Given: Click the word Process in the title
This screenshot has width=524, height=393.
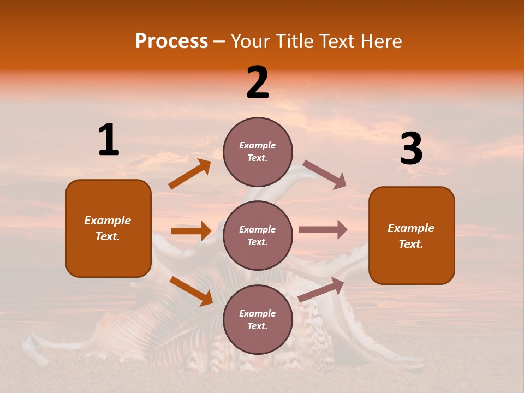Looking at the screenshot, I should (x=171, y=41).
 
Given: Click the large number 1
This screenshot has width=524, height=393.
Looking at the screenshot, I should (x=109, y=140).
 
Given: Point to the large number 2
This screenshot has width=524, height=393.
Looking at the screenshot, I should (x=258, y=82).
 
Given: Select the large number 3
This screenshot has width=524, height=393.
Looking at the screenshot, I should (x=411, y=149).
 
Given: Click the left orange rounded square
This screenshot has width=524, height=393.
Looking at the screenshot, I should (x=108, y=228).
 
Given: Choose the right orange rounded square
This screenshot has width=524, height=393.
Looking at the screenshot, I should (x=412, y=235).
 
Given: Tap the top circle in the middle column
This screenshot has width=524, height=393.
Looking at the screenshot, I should (x=258, y=152).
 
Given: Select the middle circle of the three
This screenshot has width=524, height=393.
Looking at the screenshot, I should (x=258, y=235).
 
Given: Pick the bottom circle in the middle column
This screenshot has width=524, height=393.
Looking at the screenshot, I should (x=258, y=319).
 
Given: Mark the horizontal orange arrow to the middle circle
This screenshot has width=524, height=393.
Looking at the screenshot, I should (x=191, y=231).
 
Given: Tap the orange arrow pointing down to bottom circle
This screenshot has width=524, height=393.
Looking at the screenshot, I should (x=191, y=291).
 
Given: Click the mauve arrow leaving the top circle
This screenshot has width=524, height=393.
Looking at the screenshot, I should (x=325, y=175).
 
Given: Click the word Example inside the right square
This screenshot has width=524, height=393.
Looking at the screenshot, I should (x=411, y=228).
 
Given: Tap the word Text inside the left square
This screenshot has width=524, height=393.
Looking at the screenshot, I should (x=108, y=237).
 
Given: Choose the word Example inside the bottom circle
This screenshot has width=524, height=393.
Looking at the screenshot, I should (x=258, y=313).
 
